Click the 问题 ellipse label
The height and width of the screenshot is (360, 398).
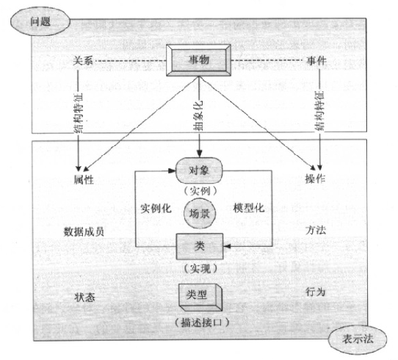click(40, 21)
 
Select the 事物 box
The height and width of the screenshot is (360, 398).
click(198, 60)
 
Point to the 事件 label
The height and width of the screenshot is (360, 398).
click(316, 60)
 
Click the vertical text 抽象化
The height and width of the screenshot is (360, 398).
click(198, 115)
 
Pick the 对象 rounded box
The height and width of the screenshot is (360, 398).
click(199, 170)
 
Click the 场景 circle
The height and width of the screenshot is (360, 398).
click(200, 214)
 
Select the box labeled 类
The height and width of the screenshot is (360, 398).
click(200, 246)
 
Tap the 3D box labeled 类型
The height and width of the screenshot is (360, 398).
click(200, 298)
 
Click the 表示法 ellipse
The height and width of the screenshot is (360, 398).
click(358, 339)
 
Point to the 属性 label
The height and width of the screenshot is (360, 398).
click(84, 179)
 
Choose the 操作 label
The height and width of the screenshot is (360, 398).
click(315, 179)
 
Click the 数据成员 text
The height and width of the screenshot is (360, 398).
click(84, 231)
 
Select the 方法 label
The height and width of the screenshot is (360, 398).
click(316, 230)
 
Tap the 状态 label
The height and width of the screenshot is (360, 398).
click(84, 297)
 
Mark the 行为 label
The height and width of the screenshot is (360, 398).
click(315, 292)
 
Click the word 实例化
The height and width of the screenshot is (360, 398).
click(156, 209)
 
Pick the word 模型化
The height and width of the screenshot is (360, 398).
click(249, 208)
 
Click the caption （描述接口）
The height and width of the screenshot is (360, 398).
click(202, 323)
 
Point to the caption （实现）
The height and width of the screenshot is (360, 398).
click(200, 269)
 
